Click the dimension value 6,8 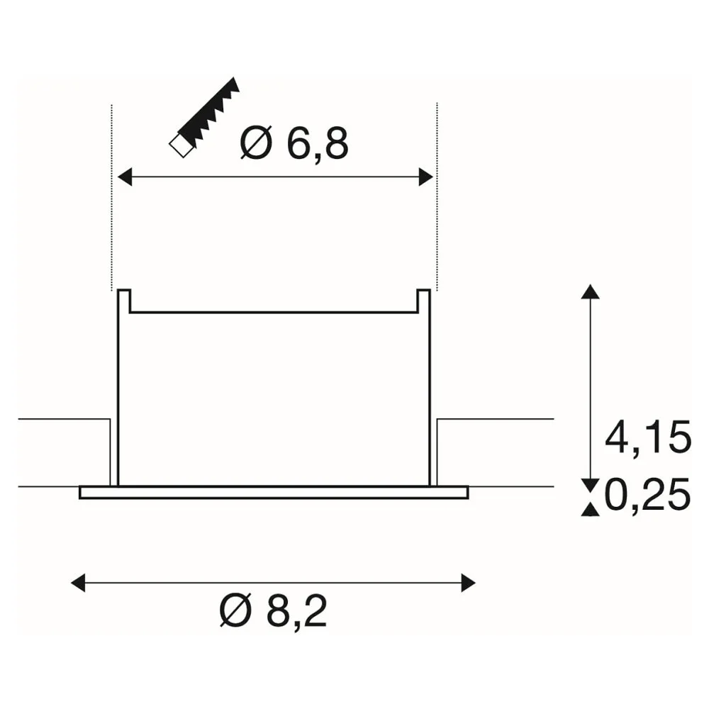tap(318, 143)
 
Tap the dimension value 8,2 tap(296, 611)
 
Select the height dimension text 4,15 tap(648, 437)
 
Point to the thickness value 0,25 tap(647, 494)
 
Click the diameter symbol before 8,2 tap(235, 610)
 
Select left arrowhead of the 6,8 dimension tap(125, 177)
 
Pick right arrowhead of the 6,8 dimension tap(426, 177)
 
